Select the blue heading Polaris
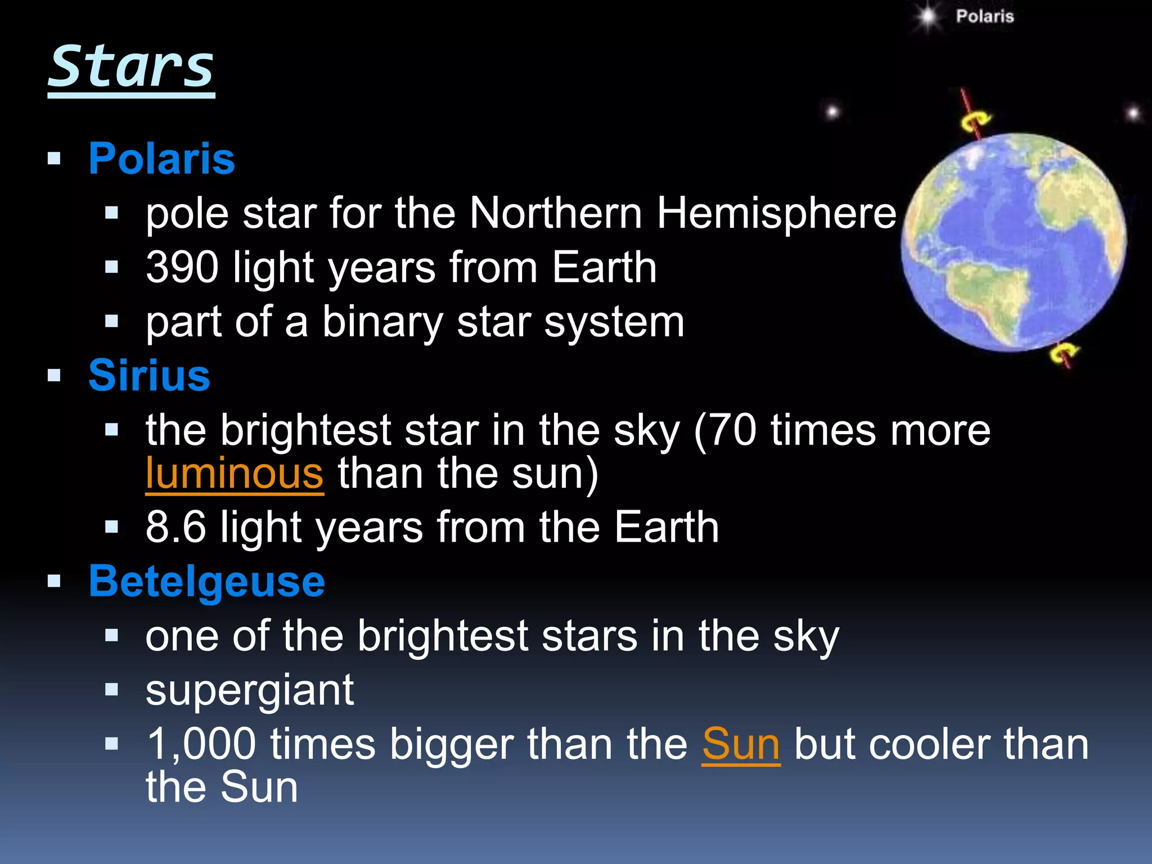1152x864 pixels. point(161,159)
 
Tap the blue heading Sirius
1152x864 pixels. point(149,375)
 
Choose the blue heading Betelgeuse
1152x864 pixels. point(206,581)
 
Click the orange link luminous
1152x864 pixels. point(234,474)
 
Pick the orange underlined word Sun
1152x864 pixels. point(741,745)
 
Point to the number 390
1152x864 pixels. point(182,267)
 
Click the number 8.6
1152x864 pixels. point(175,528)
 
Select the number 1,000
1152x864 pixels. point(201,745)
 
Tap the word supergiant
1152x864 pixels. point(249,690)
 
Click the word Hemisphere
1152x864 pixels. point(776,213)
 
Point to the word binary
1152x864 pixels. point(382,322)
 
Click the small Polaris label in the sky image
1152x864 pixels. point(984,16)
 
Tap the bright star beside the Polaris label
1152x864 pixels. point(926,17)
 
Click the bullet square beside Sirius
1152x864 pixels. point(54,375)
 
